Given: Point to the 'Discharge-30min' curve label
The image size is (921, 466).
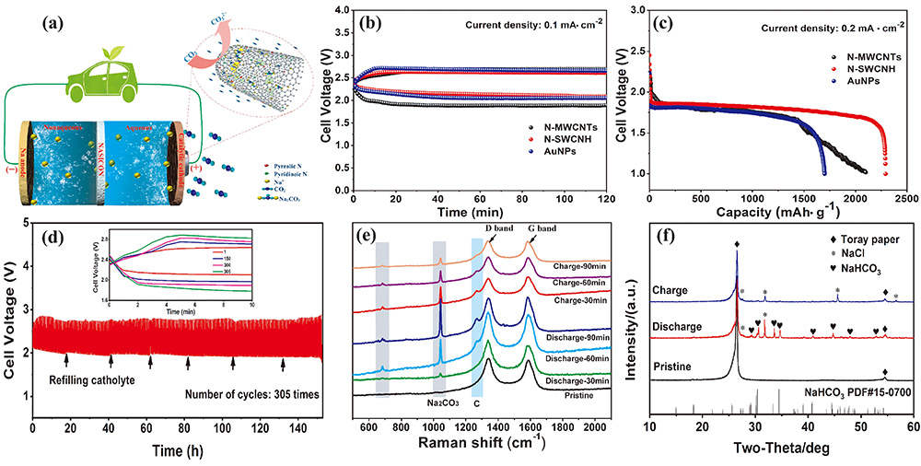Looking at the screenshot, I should coord(576,380).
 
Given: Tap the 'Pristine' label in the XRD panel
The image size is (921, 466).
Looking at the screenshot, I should coord(684,366).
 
